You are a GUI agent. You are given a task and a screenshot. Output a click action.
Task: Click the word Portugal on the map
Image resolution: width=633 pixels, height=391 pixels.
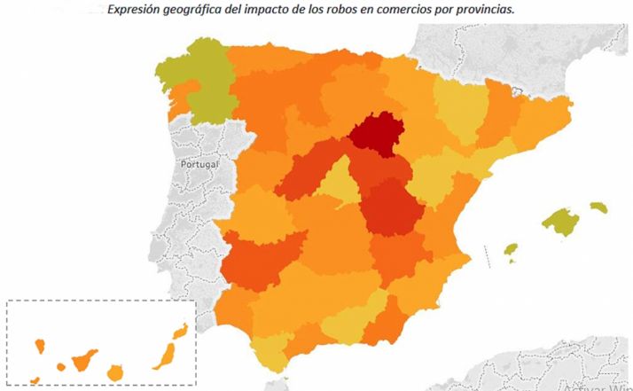coord(198,165)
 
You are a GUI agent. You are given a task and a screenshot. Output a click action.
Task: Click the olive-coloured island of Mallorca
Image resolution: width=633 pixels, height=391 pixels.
coord(560,222)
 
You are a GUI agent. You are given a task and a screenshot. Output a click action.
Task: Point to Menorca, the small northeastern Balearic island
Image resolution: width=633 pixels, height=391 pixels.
coord(599,207)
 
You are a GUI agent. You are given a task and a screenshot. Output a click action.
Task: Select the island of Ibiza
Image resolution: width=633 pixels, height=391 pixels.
coord(511,251)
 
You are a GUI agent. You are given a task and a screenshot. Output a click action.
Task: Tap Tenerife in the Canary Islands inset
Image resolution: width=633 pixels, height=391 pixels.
coord(85,360)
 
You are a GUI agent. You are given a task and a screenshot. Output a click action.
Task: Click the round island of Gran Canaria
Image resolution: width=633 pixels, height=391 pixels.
coord(114,371)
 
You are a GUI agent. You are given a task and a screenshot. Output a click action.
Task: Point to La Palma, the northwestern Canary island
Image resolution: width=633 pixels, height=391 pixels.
coord(40,344)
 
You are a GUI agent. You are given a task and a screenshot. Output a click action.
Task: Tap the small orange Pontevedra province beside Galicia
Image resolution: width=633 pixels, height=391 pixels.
coord(184,104)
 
